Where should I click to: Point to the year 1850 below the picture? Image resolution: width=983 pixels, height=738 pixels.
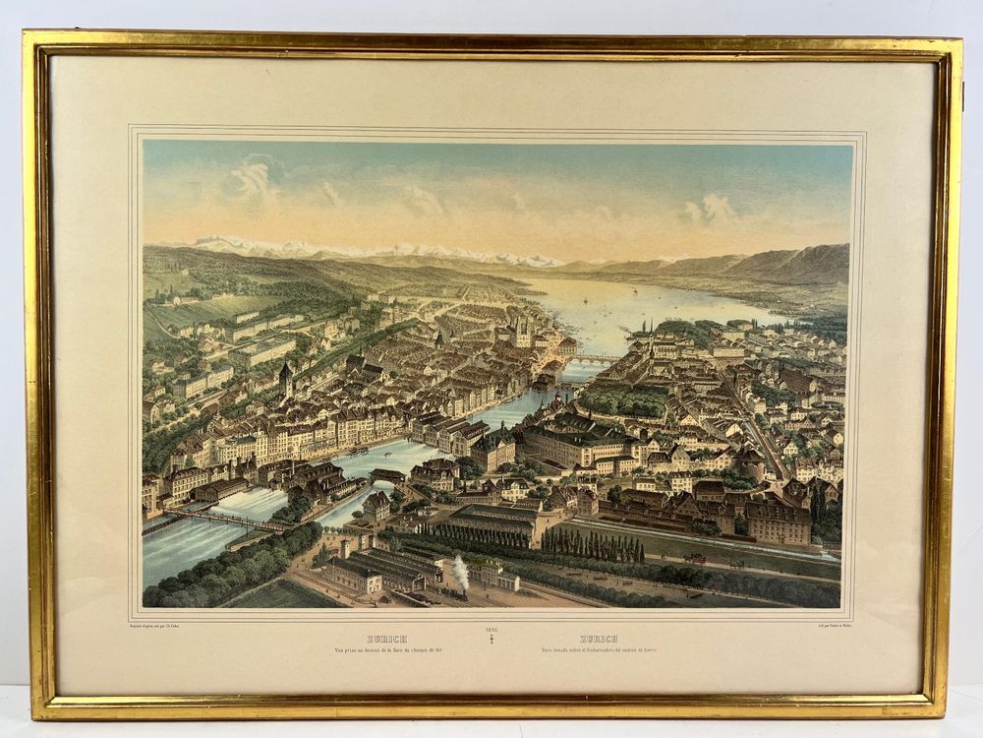pos(492,629)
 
